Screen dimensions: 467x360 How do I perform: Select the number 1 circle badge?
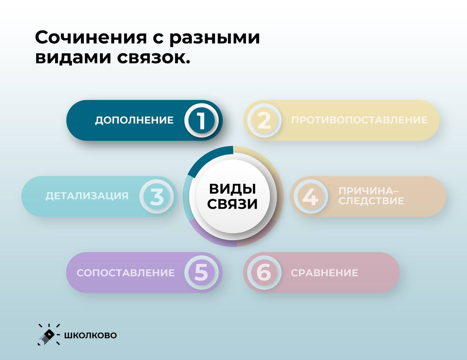(x=201, y=120)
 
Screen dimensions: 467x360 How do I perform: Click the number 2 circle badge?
(x=264, y=120)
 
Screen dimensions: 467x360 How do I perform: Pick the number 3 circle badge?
(x=157, y=196)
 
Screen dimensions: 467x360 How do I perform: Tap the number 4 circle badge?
(x=311, y=196)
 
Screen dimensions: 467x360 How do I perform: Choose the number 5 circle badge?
(x=201, y=272)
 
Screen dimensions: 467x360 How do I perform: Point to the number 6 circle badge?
(x=264, y=272)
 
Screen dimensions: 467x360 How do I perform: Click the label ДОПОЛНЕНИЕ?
(x=134, y=120)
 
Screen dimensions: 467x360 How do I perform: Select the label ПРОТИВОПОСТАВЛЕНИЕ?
(x=359, y=120)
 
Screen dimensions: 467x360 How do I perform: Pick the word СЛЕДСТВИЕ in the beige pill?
(x=371, y=201)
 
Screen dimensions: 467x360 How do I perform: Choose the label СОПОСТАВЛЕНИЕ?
(x=126, y=273)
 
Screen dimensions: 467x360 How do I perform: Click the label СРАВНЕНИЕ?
(x=324, y=273)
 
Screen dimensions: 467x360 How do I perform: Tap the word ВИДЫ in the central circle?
(x=232, y=189)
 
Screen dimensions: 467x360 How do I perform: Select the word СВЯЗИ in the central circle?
(x=232, y=204)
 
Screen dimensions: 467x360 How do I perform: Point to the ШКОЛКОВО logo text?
(x=90, y=335)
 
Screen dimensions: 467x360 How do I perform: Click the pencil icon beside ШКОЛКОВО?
(x=48, y=336)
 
